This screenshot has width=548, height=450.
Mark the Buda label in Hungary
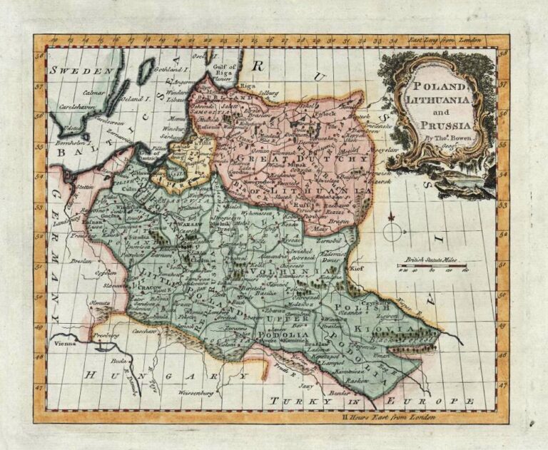tap(118, 362)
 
